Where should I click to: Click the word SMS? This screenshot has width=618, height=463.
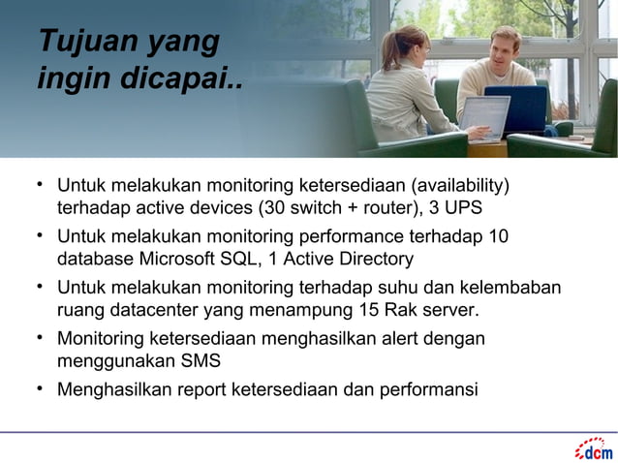tap(201, 362)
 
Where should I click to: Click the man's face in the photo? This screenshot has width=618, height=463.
tap(504, 48)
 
